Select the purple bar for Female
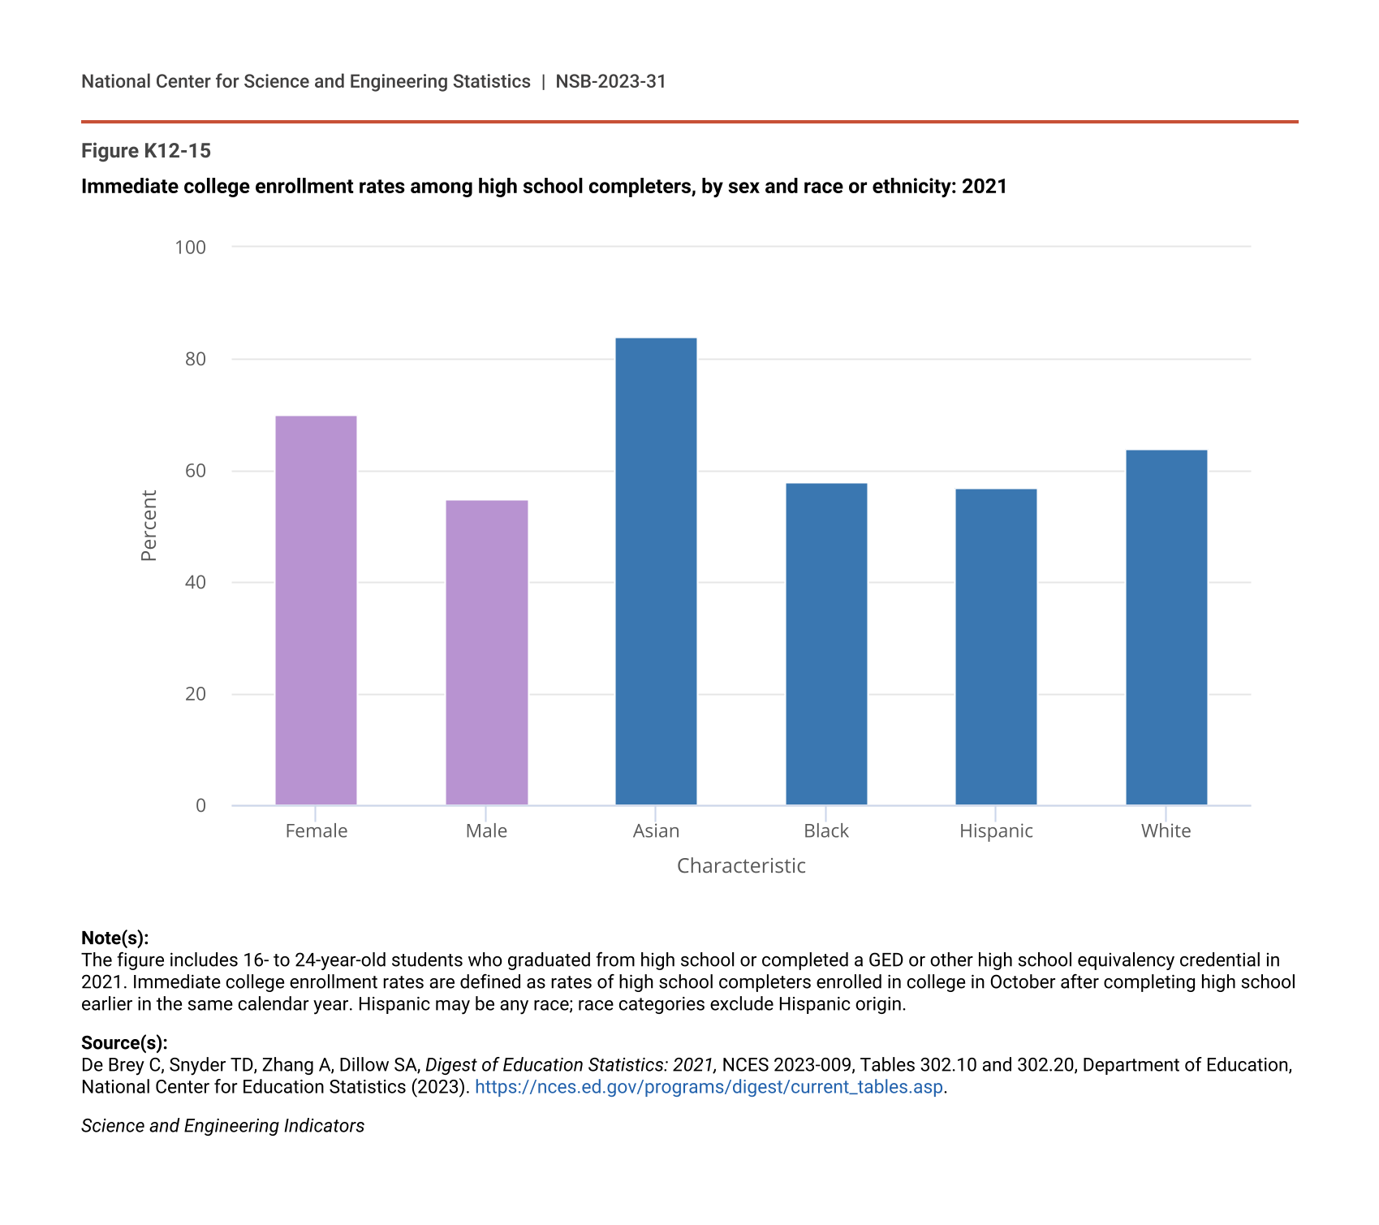(x=316, y=610)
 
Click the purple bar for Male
(x=486, y=653)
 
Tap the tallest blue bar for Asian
(x=656, y=572)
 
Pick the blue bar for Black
(x=826, y=645)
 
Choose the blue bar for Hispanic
(x=996, y=647)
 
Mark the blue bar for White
(x=1166, y=628)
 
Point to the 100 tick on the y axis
(x=191, y=247)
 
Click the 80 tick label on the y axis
(x=196, y=359)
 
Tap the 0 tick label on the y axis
(x=200, y=805)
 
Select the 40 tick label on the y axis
(x=196, y=582)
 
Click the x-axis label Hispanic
(x=996, y=830)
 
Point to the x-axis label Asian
(x=656, y=830)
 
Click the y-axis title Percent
(x=149, y=525)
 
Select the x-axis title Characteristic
(x=741, y=865)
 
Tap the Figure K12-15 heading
(x=146, y=151)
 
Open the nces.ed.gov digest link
(x=709, y=1086)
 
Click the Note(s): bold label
(x=115, y=938)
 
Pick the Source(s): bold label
(x=124, y=1042)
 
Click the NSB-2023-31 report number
(x=610, y=81)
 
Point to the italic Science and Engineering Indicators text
(x=222, y=1125)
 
